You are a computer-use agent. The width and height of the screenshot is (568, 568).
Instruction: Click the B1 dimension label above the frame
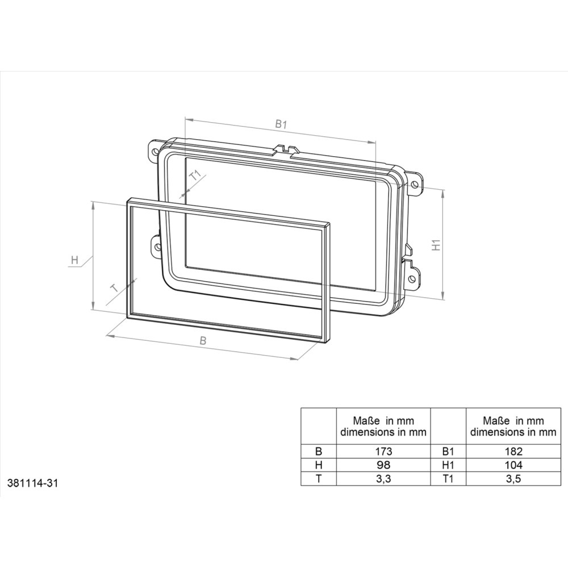(280, 123)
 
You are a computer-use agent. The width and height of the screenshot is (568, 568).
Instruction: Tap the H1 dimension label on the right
(436, 245)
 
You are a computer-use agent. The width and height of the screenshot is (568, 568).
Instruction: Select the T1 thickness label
(195, 176)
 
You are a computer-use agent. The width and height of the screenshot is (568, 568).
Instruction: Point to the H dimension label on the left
(74, 260)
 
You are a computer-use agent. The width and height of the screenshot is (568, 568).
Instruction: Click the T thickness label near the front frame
(114, 288)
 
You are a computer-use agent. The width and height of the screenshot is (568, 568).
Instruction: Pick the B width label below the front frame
(202, 341)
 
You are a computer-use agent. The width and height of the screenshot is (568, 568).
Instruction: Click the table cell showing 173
(383, 452)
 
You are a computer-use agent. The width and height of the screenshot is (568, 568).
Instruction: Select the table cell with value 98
(383, 465)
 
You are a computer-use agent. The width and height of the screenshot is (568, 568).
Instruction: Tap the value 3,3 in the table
(383, 478)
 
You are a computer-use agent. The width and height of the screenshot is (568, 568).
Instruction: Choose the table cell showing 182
(513, 452)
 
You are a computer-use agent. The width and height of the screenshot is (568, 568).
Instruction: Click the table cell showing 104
(513, 465)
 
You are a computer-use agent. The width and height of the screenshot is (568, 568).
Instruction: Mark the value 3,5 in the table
(513, 478)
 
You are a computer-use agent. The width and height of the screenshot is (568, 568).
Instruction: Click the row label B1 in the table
(449, 452)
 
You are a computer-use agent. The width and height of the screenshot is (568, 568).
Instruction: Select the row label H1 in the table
(449, 465)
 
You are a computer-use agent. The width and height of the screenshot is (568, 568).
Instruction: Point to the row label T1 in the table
(449, 478)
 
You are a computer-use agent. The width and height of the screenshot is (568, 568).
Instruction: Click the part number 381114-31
(33, 484)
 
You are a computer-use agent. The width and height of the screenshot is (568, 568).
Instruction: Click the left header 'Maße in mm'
(383, 421)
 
